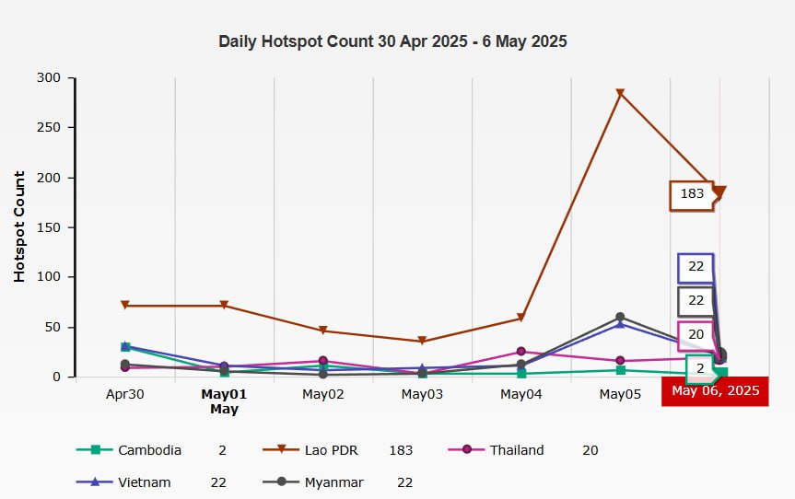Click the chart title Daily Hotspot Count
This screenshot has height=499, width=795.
(x=392, y=41)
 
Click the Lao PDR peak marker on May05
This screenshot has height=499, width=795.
(x=620, y=93)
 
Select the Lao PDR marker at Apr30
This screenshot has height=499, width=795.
(x=124, y=305)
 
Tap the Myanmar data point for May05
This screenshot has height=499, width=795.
(x=620, y=317)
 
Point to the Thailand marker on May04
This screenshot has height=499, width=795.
(x=520, y=352)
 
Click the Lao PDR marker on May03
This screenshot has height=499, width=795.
(x=422, y=342)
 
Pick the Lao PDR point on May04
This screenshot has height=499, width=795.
(x=520, y=319)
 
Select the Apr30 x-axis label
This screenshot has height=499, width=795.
(x=124, y=394)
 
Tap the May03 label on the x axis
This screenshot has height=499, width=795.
(x=422, y=394)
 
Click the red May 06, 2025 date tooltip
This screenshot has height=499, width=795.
(x=716, y=391)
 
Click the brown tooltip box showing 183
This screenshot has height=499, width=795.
(x=692, y=194)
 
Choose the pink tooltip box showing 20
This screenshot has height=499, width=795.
(x=696, y=335)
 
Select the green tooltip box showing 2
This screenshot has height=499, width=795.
(x=699, y=368)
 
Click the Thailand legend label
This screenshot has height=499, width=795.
(x=517, y=450)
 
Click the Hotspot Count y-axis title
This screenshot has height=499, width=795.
(x=19, y=226)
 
